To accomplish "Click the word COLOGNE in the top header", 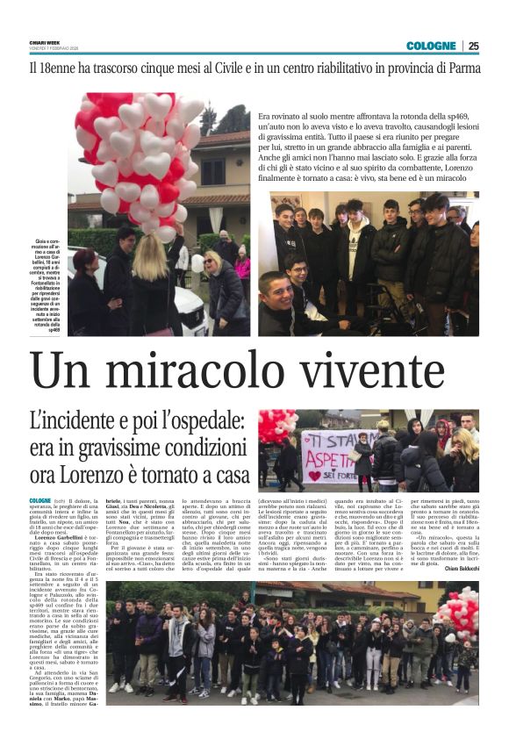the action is click(x=431, y=46).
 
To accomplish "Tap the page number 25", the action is click(x=473, y=46).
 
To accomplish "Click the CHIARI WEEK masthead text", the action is click(x=44, y=43).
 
